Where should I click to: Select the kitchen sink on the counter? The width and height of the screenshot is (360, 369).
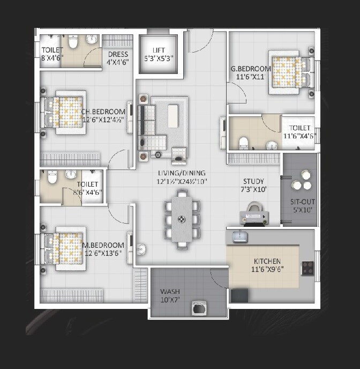239,237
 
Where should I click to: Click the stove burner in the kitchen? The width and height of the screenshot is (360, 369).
307,267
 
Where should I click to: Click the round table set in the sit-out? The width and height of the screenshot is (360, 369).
301,181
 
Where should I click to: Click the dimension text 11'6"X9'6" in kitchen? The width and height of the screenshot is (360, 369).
267,269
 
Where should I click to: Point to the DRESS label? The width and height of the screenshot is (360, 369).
117,54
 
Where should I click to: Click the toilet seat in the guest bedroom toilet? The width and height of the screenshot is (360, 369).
243,143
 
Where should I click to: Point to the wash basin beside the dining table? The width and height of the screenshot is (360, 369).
141,249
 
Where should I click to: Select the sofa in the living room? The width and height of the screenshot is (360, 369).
148,127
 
